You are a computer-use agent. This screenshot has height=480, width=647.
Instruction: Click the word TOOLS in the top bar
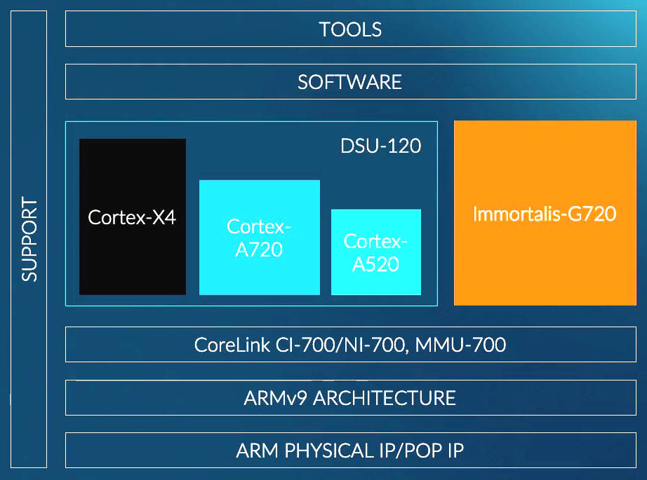coord(350,29)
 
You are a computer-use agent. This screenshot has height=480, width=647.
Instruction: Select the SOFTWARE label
coord(349,82)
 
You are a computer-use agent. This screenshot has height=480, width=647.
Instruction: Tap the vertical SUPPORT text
coord(29,239)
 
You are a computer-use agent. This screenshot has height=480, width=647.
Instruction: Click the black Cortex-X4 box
coord(133,217)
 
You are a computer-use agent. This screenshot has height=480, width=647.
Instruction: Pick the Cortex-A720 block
coord(260,238)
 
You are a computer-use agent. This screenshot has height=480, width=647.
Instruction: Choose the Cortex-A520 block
coord(376,252)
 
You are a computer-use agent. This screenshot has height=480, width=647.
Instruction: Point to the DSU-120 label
coord(380,146)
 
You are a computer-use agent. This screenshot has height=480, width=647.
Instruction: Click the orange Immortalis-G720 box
coord(545,213)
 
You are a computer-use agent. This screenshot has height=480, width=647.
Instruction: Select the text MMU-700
coord(460,345)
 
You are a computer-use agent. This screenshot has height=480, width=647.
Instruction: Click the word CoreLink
coord(232,345)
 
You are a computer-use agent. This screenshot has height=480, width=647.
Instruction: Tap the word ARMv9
coord(275,398)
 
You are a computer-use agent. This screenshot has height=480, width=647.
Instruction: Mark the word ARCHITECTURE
coord(384,398)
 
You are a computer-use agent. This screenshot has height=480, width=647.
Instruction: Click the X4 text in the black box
coord(164,217)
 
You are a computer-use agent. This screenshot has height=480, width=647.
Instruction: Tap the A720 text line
coord(259,249)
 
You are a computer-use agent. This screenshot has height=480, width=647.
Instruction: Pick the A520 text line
coord(375,264)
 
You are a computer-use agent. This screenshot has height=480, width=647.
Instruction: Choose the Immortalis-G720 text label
coord(545,214)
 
